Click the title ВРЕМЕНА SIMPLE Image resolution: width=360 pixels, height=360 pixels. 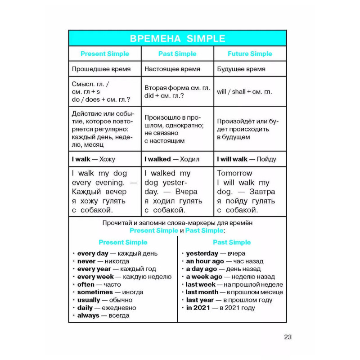[x=177, y=38]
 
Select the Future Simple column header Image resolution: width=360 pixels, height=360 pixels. [x=250, y=54]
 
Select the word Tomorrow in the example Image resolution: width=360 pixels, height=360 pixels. [x=234, y=173]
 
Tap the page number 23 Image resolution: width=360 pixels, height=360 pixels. [x=288, y=337]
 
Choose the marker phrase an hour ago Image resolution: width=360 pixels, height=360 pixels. [x=205, y=261]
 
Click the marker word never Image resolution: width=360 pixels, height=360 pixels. [x=86, y=261]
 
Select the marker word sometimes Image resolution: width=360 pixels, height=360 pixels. [x=95, y=292]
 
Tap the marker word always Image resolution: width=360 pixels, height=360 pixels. [x=88, y=315]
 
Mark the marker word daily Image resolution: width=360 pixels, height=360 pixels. [x=85, y=308]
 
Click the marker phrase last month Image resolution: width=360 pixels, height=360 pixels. [x=202, y=292]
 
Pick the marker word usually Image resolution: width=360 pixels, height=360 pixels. [x=89, y=300]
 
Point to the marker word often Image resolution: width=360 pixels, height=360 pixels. [x=86, y=284]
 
